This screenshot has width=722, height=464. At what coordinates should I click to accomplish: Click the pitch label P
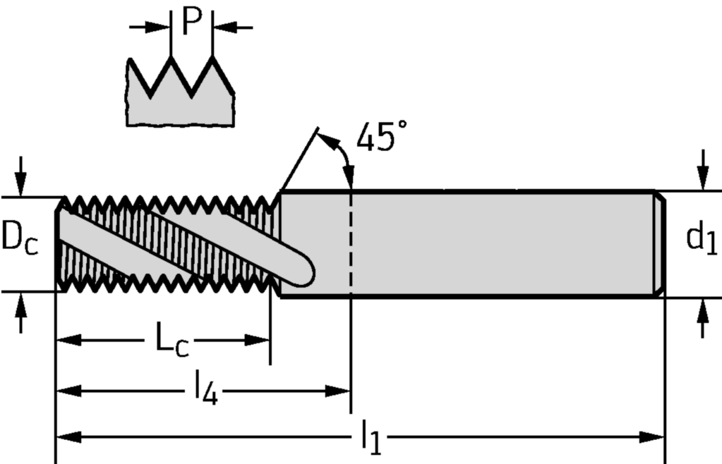tap(193, 21)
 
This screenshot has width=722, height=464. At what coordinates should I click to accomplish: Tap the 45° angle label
tap(382, 137)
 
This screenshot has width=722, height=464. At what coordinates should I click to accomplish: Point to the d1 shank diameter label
tap(702, 237)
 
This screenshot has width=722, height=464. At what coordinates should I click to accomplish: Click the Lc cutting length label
tap(172, 340)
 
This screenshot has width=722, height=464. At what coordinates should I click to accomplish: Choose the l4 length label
tap(205, 389)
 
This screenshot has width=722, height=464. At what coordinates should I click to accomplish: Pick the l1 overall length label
tap(371, 437)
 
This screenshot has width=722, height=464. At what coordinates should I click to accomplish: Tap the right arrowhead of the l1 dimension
tap(652, 437)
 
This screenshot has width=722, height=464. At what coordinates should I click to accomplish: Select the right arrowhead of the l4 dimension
tap(338, 391)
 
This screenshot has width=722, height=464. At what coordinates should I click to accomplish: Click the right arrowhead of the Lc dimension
tap(257, 341)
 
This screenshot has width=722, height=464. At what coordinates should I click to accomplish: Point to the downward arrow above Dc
tap(20, 177)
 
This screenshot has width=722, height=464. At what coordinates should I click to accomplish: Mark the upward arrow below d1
tap(703, 318)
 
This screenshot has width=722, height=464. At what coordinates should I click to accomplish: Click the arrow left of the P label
tap(150, 27)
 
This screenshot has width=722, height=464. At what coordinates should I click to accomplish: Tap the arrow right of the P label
tap(232, 28)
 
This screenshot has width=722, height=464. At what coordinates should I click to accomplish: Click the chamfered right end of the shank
tap(659, 244)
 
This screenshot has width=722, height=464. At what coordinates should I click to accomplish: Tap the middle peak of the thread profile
tap(171, 58)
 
